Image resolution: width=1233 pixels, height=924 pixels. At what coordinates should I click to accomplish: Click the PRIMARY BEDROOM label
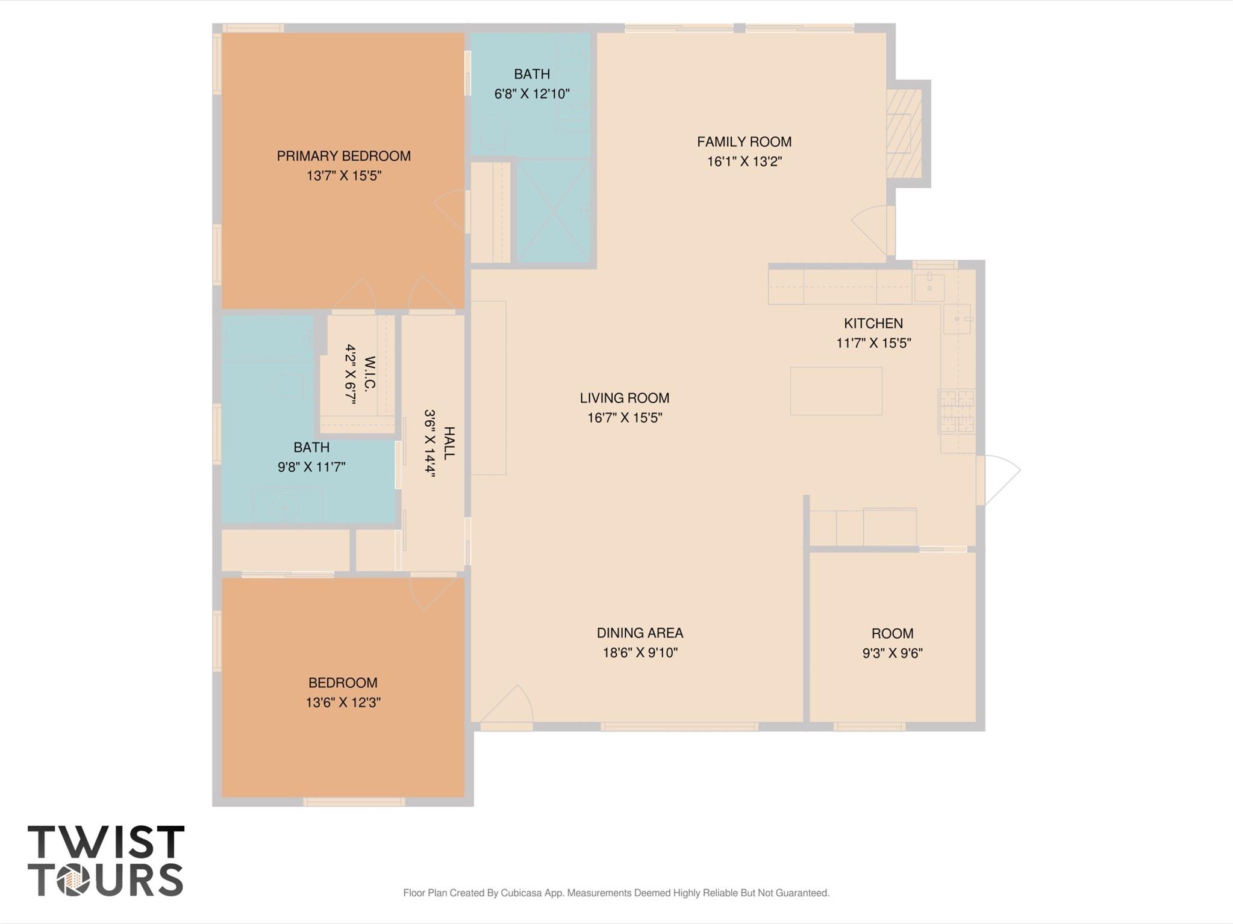[x=343, y=156]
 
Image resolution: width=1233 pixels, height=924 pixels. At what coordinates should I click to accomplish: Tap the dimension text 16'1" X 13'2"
[x=744, y=161]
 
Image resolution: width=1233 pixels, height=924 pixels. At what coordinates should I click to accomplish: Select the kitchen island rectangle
[x=836, y=391]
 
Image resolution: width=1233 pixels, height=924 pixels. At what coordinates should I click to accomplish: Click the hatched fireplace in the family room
[x=904, y=134]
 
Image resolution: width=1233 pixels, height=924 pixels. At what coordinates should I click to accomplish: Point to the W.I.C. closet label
[x=370, y=374]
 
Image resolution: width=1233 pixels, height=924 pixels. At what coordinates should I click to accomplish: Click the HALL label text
[x=449, y=443]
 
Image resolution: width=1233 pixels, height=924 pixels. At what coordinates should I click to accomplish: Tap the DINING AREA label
[x=640, y=633]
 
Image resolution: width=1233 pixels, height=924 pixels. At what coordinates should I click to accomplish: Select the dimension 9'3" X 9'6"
[x=892, y=653]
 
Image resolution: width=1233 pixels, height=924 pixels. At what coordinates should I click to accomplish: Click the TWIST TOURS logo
[x=106, y=861]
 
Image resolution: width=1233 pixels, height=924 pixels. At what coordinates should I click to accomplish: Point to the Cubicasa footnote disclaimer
[x=616, y=893]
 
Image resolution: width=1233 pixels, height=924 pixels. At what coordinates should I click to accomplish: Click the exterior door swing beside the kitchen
[x=998, y=480]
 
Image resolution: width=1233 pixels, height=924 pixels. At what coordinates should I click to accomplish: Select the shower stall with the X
[x=554, y=211]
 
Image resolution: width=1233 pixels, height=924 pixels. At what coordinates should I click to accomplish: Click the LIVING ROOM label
[x=625, y=398]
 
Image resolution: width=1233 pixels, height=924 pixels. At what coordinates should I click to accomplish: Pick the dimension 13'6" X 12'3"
[x=343, y=702]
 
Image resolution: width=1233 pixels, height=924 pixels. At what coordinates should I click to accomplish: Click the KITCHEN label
[x=873, y=323]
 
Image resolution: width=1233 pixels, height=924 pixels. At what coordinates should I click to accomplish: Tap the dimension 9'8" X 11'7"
[x=311, y=467]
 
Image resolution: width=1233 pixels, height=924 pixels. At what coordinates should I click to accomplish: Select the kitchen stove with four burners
[x=957, y=412]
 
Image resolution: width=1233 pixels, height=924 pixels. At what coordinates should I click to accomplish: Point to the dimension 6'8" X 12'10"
[x=532, y=93]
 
